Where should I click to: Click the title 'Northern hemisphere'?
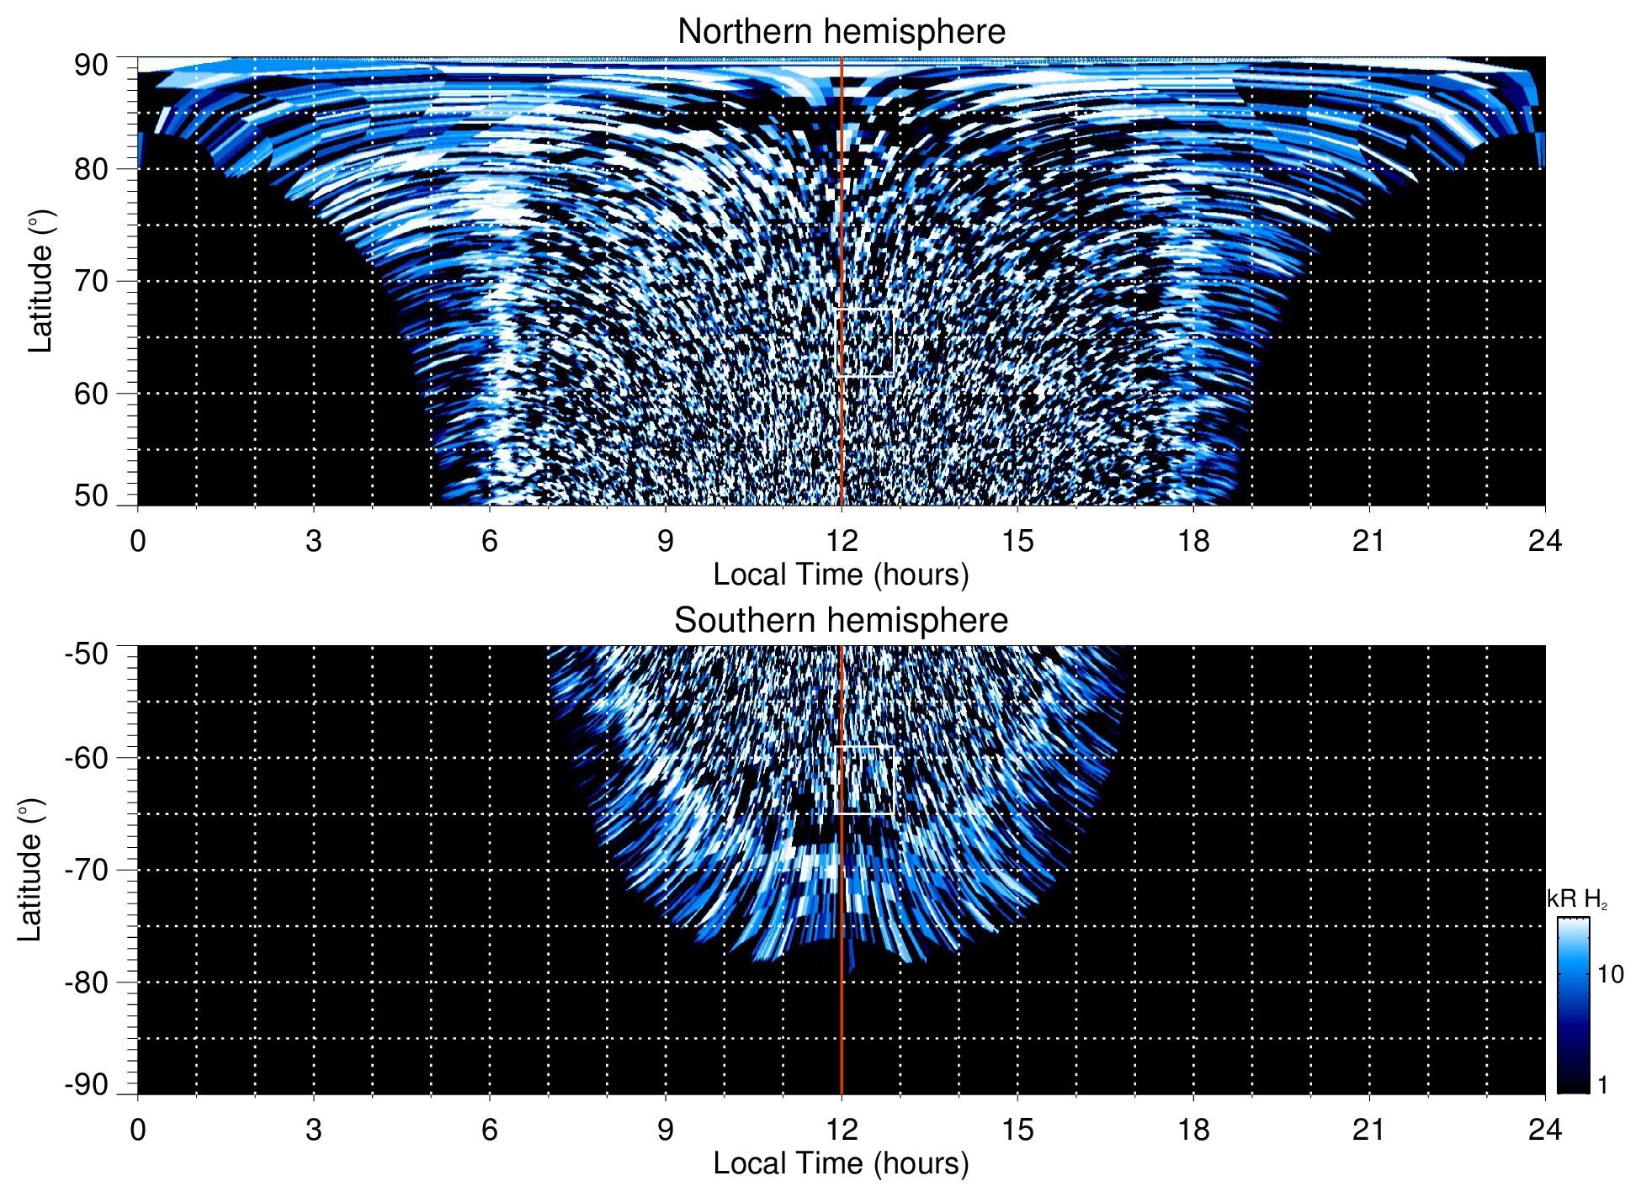point(841,32)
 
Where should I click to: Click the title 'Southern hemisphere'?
point(841,621)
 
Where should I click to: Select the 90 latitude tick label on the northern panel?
point(91,66)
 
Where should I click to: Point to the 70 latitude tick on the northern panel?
point(91,281)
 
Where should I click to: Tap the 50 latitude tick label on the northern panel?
point(91,496)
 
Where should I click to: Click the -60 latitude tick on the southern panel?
point(87,758)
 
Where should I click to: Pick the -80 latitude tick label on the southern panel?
point(87,982)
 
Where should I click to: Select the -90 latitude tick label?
point(87,1085)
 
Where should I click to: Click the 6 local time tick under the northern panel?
point(490,541)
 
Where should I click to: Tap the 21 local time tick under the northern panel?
point(1369,541)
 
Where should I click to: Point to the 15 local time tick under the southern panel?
point(1017,1130)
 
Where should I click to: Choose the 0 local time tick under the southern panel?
point(138,1130)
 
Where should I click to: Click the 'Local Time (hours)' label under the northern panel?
point(841,575)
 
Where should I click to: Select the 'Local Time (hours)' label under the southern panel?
point(841,1164)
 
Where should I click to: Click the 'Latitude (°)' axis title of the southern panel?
point(30,870)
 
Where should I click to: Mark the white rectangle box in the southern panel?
point(865,780)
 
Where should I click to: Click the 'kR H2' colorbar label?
point(1577,899)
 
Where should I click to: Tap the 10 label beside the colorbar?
point(1610,975)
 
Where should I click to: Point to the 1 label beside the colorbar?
point(1602,1085)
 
